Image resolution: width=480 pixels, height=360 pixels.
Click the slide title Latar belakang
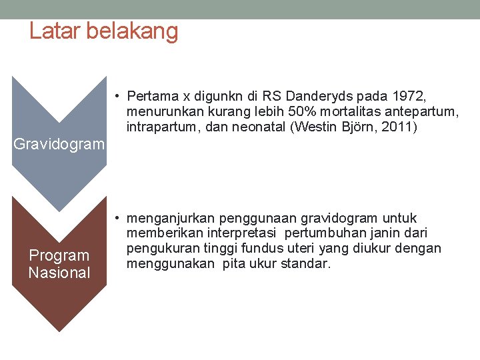pos(103,31)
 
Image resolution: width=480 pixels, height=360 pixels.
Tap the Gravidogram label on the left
pos(59,144)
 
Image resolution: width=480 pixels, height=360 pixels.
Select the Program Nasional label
pos(59,264)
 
